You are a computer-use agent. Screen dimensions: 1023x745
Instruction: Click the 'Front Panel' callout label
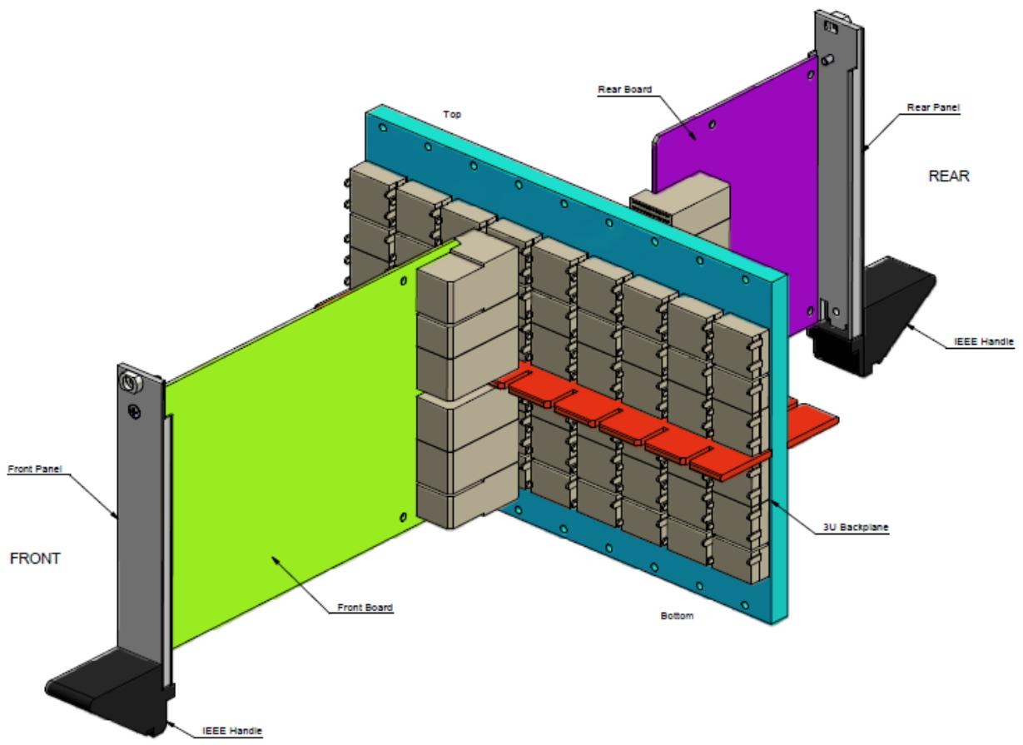35,469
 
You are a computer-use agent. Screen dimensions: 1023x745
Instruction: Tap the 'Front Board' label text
365,607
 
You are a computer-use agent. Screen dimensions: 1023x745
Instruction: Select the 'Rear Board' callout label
625,90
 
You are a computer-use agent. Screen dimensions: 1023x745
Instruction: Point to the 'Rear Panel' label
933,107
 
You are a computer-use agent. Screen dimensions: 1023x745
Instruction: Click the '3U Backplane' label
856,527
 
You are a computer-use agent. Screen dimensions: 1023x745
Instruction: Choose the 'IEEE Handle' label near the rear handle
984,341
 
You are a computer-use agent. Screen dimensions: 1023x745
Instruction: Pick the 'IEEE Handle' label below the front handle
232,731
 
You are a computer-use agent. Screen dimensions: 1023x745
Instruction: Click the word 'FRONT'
35,559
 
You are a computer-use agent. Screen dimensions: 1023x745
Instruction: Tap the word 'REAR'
949,176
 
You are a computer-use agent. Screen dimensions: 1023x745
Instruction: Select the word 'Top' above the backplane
452,114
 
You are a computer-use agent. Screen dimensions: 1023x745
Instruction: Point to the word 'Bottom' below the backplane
677,615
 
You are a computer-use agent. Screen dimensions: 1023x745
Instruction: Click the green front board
292,457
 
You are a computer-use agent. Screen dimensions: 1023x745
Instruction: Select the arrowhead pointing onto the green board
276,560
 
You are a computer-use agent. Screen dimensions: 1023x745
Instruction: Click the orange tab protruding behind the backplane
812,420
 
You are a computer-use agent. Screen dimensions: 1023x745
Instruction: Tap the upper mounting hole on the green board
403,281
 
